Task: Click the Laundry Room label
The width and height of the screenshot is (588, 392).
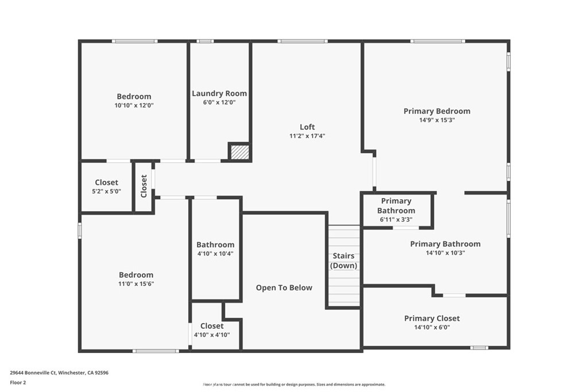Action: [x=219, y=94]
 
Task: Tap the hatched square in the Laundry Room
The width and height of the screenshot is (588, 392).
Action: [x=240, y=152]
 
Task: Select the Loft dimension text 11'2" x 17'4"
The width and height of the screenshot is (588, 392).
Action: [x=307, y=136]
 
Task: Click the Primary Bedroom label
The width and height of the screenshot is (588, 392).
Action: [x=436, y=111]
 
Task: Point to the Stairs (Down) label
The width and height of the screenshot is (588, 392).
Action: [x=343, y=261]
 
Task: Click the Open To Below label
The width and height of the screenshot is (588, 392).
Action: [x=284, y=288]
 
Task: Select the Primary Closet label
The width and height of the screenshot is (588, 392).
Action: [x=432, y=319]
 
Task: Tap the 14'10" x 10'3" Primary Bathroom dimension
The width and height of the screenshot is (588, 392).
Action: [x=445, y=253]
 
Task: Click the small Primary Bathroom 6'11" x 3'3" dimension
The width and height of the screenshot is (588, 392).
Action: [x=396, y=219]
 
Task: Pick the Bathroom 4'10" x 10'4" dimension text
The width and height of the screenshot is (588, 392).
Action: [x=215, y=253]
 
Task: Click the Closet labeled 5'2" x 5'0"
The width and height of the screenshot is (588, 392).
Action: [x=107, y=183]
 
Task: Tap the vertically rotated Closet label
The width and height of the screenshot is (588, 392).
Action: [x=144, y=186]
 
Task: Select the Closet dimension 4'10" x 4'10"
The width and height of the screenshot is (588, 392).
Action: [x=212, y=335]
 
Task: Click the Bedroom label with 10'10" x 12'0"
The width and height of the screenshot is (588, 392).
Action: [x=134, y=96]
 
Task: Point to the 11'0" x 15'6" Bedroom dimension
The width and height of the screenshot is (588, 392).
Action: [x=136, y=284]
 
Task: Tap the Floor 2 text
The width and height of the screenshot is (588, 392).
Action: [x=18, y=382]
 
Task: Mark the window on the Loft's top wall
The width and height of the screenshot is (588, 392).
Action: [x=303, y=41]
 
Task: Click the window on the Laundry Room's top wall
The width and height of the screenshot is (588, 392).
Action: [x=205, y=41]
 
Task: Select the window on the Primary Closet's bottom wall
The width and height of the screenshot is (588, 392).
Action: [x=479, y=347]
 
